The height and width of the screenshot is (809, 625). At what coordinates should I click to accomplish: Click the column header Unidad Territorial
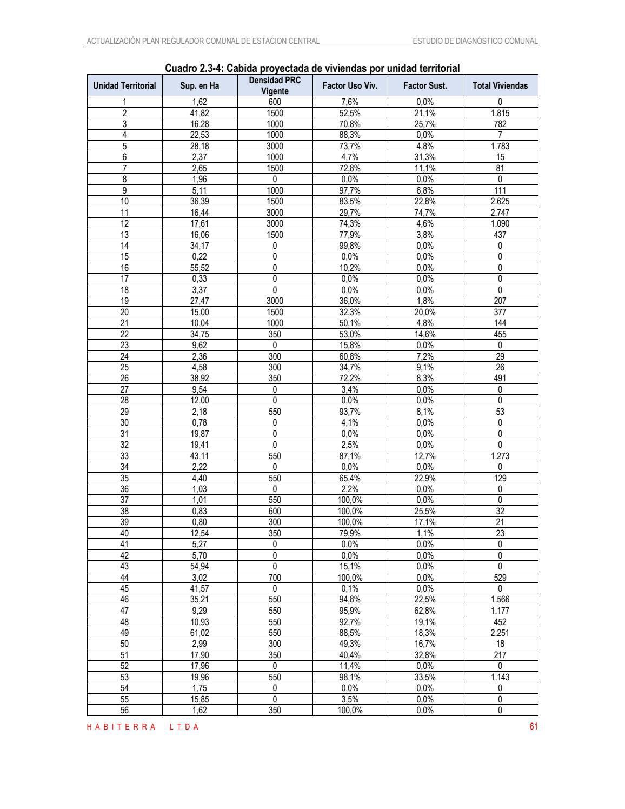(124, 85)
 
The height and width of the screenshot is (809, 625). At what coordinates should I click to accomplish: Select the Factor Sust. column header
(425, 85)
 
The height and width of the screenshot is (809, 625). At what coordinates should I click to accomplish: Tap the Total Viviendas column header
(500, 85)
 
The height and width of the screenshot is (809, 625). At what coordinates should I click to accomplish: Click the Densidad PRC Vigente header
(275, 85)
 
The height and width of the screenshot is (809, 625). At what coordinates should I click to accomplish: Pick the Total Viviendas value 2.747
(500, 213)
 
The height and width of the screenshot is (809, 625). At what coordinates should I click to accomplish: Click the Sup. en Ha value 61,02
(200, 633)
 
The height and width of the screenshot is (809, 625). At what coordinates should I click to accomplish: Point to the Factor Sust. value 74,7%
(425, 213)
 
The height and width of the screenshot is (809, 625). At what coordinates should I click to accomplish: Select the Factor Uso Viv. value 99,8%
(350, 246)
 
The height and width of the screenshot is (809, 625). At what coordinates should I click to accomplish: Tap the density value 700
(275, 578)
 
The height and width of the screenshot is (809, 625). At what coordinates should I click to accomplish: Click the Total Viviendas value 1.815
(500, 113)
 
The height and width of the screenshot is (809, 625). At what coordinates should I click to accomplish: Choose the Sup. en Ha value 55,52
(200, 268)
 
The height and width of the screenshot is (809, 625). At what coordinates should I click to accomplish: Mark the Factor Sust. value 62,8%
(425, 611)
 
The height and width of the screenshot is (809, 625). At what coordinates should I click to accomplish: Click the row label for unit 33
(124, 456)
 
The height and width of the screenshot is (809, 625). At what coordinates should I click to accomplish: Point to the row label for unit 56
(124, 710)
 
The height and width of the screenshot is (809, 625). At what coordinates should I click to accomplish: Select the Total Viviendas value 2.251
(500, 633)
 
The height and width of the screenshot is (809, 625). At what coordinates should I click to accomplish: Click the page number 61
(534, 727)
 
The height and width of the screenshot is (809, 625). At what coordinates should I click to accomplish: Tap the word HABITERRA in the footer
(121, 727)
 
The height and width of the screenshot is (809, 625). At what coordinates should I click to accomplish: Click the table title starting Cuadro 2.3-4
(312, 68)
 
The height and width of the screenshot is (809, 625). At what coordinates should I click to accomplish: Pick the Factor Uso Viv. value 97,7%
(350, 190)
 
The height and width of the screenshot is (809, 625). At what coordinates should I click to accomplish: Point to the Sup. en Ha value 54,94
(200, 566)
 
